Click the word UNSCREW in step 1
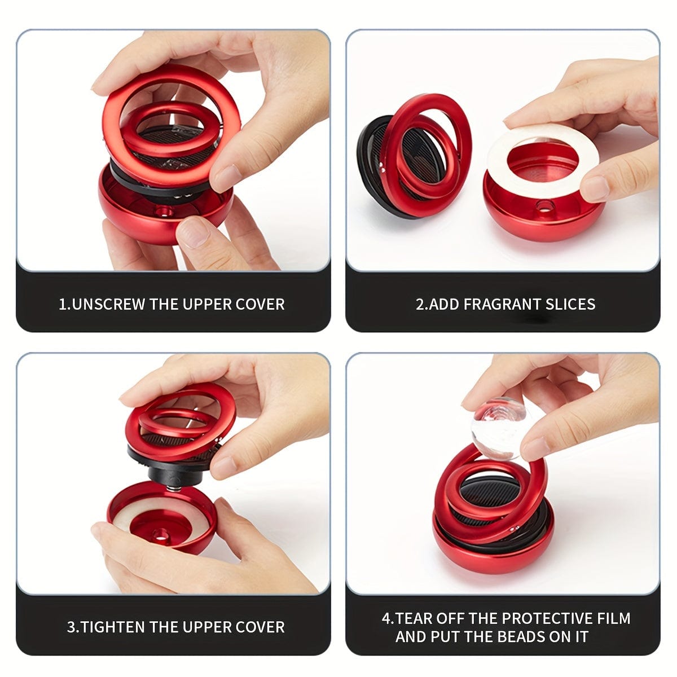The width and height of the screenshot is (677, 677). (108, 305)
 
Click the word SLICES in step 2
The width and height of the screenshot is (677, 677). (570, 305)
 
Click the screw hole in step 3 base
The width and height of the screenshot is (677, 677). (161, 535)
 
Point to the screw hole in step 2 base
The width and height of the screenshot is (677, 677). (547, 206)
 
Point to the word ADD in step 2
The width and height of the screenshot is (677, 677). (444, 305)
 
